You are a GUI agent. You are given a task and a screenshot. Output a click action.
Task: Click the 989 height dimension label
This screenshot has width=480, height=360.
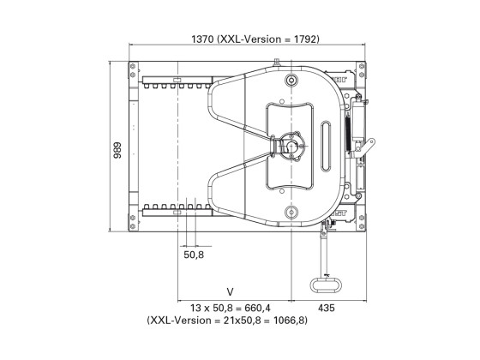(117, 150)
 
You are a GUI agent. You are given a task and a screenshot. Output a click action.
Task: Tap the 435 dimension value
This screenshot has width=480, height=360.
(327, 308)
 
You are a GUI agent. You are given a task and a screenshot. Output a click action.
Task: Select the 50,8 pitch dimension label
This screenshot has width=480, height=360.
(194, 255)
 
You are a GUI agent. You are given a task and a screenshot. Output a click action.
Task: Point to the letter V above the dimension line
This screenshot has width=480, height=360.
(231, 291)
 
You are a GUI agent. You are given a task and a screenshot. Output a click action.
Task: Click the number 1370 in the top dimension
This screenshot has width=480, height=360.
(202, 39)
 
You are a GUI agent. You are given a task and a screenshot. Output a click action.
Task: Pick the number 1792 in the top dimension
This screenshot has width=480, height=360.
(305, 39)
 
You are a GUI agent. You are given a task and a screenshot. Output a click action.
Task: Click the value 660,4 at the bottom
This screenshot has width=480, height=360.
(258, 308)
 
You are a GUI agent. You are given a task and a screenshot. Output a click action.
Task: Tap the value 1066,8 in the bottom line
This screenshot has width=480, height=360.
(290, 321)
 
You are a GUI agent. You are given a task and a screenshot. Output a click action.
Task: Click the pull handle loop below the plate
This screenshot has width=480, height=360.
(326, 285)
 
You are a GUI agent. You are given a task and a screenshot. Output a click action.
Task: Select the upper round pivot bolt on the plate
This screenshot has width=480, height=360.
(291, 81)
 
